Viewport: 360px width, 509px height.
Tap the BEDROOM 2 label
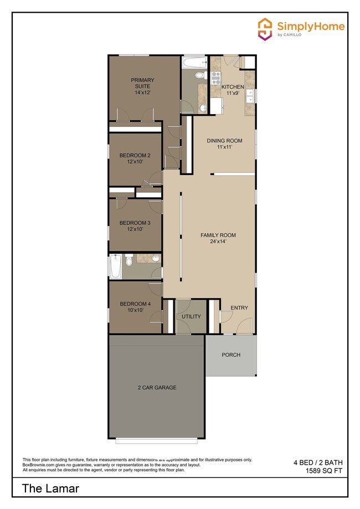point(135,155)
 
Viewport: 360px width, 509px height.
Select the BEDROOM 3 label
point(135,223)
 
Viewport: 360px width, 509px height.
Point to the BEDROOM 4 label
point(135,304)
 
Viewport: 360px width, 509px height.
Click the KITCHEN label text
point(233,87)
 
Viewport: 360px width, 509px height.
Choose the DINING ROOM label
point(224,141)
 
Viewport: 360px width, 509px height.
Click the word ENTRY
point(239,308)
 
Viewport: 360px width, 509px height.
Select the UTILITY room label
point(191,317)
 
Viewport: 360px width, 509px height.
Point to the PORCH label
point(231,355)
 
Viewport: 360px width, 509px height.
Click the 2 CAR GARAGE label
point(157,387)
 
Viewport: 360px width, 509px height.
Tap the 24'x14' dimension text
point(218,241)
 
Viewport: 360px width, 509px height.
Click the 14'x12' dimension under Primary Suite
point(143,92)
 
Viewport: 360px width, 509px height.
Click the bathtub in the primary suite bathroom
point(194,61)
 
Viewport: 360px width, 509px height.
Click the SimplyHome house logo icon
point(265,28)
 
